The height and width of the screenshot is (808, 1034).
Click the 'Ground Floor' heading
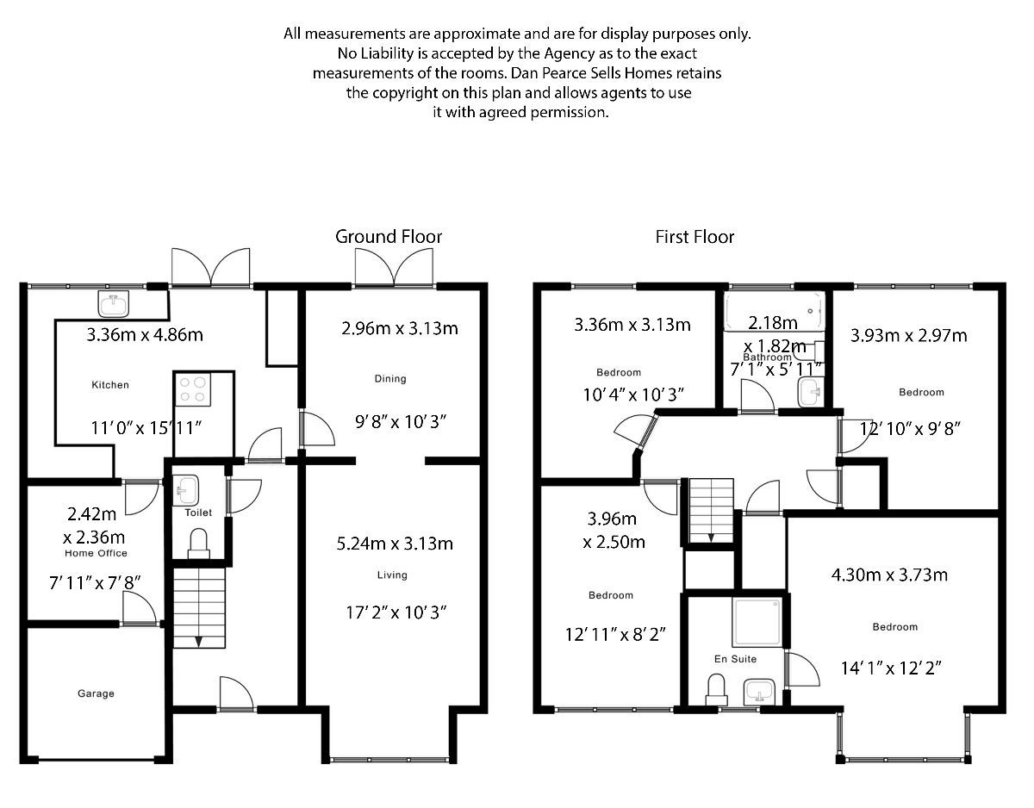tap(388, 236)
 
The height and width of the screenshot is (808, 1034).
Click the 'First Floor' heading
tap(695, 236)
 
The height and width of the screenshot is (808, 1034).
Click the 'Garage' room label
tap(96, 693)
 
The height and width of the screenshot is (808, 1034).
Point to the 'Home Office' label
tap(97, 553)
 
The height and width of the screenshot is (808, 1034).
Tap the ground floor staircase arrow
tap(198, 639)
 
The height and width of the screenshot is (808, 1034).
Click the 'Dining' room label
tap(389, 378)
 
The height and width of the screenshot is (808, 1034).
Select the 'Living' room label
tap(392, 575)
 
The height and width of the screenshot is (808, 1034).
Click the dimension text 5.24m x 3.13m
tap(395, 544)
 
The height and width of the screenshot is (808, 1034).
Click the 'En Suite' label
tap(735, 659)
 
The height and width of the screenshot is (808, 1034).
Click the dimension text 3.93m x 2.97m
tap(908, 335)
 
